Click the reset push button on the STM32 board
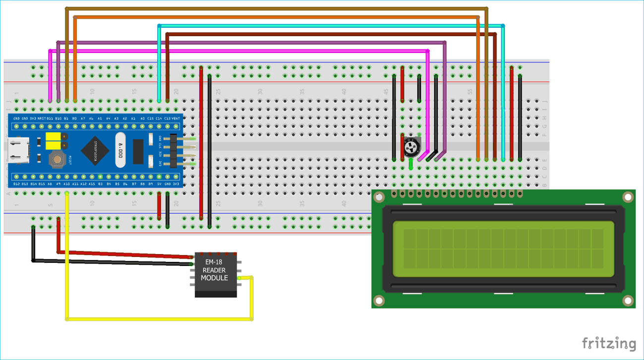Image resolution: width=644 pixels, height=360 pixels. [57, 159]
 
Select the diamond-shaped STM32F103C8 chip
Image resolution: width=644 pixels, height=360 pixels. [95, 151]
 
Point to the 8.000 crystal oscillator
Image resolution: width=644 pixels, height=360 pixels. [120, 150]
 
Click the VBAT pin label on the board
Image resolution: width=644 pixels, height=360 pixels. [175, 119]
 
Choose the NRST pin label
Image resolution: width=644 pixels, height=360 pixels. [42, 119]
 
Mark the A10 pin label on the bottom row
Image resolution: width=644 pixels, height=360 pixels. [66, 184]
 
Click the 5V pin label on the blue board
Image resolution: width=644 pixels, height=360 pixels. [159, 184]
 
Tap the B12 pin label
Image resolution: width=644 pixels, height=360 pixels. [16, 184]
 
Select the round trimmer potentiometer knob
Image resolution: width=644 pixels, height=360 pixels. [411, 147]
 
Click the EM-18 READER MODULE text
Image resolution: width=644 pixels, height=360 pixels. [214, 270]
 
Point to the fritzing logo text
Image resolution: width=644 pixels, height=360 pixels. [609, 344]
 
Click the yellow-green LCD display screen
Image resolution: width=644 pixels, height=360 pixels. [503, 249]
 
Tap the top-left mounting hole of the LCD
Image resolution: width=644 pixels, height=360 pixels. [379, 197]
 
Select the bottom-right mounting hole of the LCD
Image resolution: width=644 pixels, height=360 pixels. [628, 301]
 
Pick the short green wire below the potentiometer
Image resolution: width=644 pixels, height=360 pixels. [411, 164]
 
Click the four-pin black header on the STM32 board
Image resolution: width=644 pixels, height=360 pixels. [173, 151]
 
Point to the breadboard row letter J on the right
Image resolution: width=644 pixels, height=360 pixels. [544, 102]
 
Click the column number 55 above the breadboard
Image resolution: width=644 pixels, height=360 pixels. [470, 92]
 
